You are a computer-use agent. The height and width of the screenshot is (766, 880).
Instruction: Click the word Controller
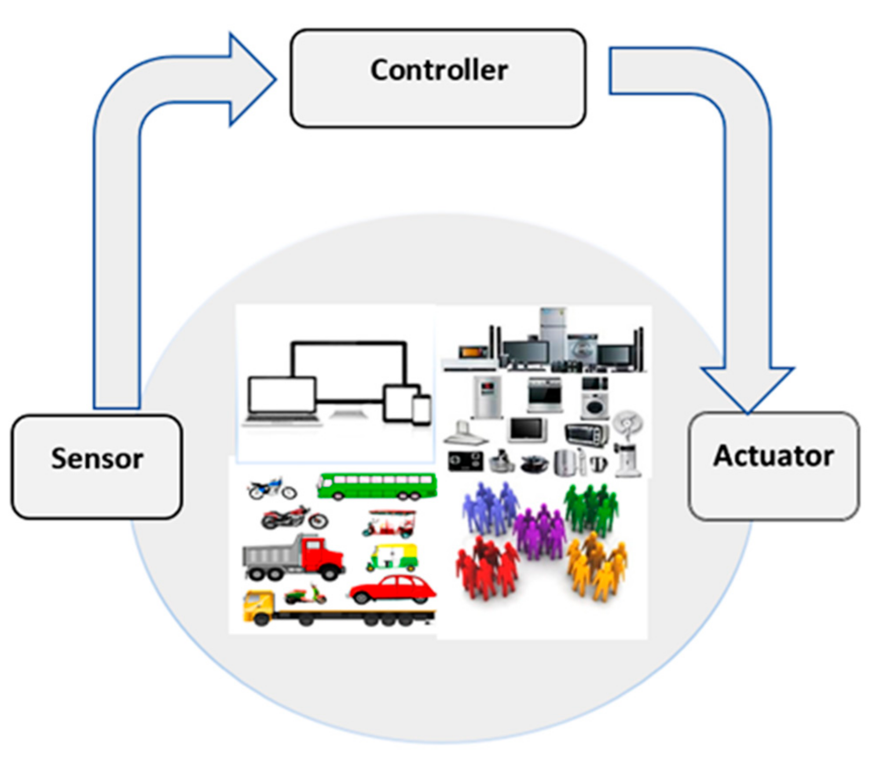[439, 70]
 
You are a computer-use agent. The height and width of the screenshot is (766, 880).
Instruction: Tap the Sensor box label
[97, 459]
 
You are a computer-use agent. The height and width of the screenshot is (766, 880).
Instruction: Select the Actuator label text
[773, 456]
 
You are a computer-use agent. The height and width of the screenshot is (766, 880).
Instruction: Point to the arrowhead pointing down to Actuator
[747, 387]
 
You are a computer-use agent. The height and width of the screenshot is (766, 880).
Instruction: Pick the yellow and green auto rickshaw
[392, 557]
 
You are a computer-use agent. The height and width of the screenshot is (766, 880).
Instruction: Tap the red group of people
[486, 568]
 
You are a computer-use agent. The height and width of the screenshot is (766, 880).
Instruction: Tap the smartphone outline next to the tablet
[422, 410]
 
